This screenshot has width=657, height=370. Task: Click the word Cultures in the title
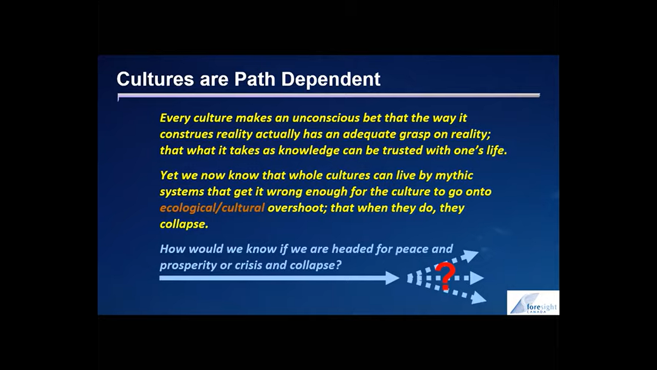pos(155,79)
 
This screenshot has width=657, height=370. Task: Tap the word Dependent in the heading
pos(331,79)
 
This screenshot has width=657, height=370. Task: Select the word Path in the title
pos(254,79)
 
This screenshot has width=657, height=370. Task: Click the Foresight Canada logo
pos(533,303)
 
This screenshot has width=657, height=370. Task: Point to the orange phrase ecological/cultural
pos(212,208)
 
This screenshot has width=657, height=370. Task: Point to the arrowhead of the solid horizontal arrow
pos(393,278)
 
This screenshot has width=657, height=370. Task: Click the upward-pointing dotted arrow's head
pos(470,255)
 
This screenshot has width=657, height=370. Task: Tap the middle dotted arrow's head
pos(477,278)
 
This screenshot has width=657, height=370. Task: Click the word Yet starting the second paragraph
pos(169,175)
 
